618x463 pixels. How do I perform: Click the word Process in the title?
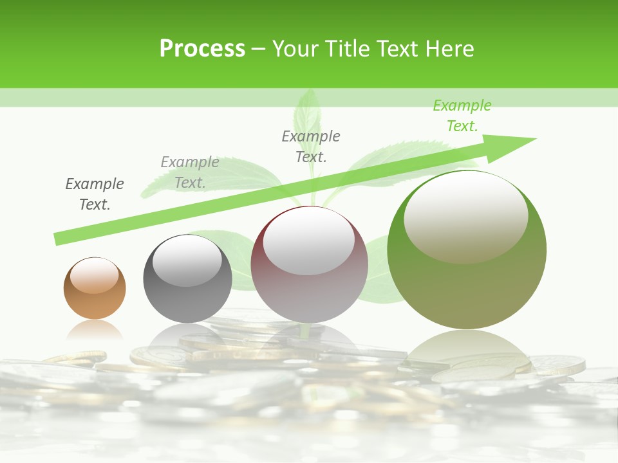click(202, 48)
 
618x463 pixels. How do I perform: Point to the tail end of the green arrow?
click(58, 239)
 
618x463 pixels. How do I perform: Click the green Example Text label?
click(462, 116)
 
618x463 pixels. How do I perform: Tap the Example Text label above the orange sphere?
click(95, 194)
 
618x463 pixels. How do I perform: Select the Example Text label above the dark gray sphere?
click(189, 172)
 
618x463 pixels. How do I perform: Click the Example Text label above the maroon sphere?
click(311, 146)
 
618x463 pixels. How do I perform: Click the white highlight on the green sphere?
click(465, 215)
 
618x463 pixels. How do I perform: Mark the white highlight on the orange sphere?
click(94, 275)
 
